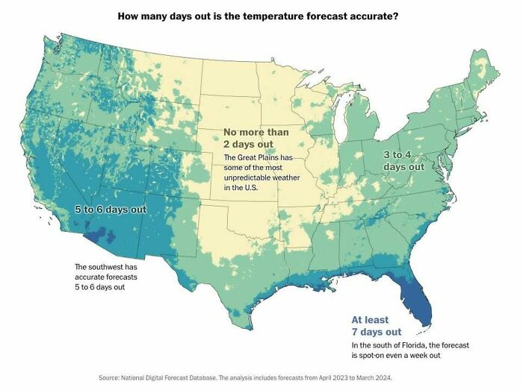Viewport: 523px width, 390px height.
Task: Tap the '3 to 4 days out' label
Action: pos(404,160)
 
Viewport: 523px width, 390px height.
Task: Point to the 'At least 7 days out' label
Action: pos(377,325)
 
